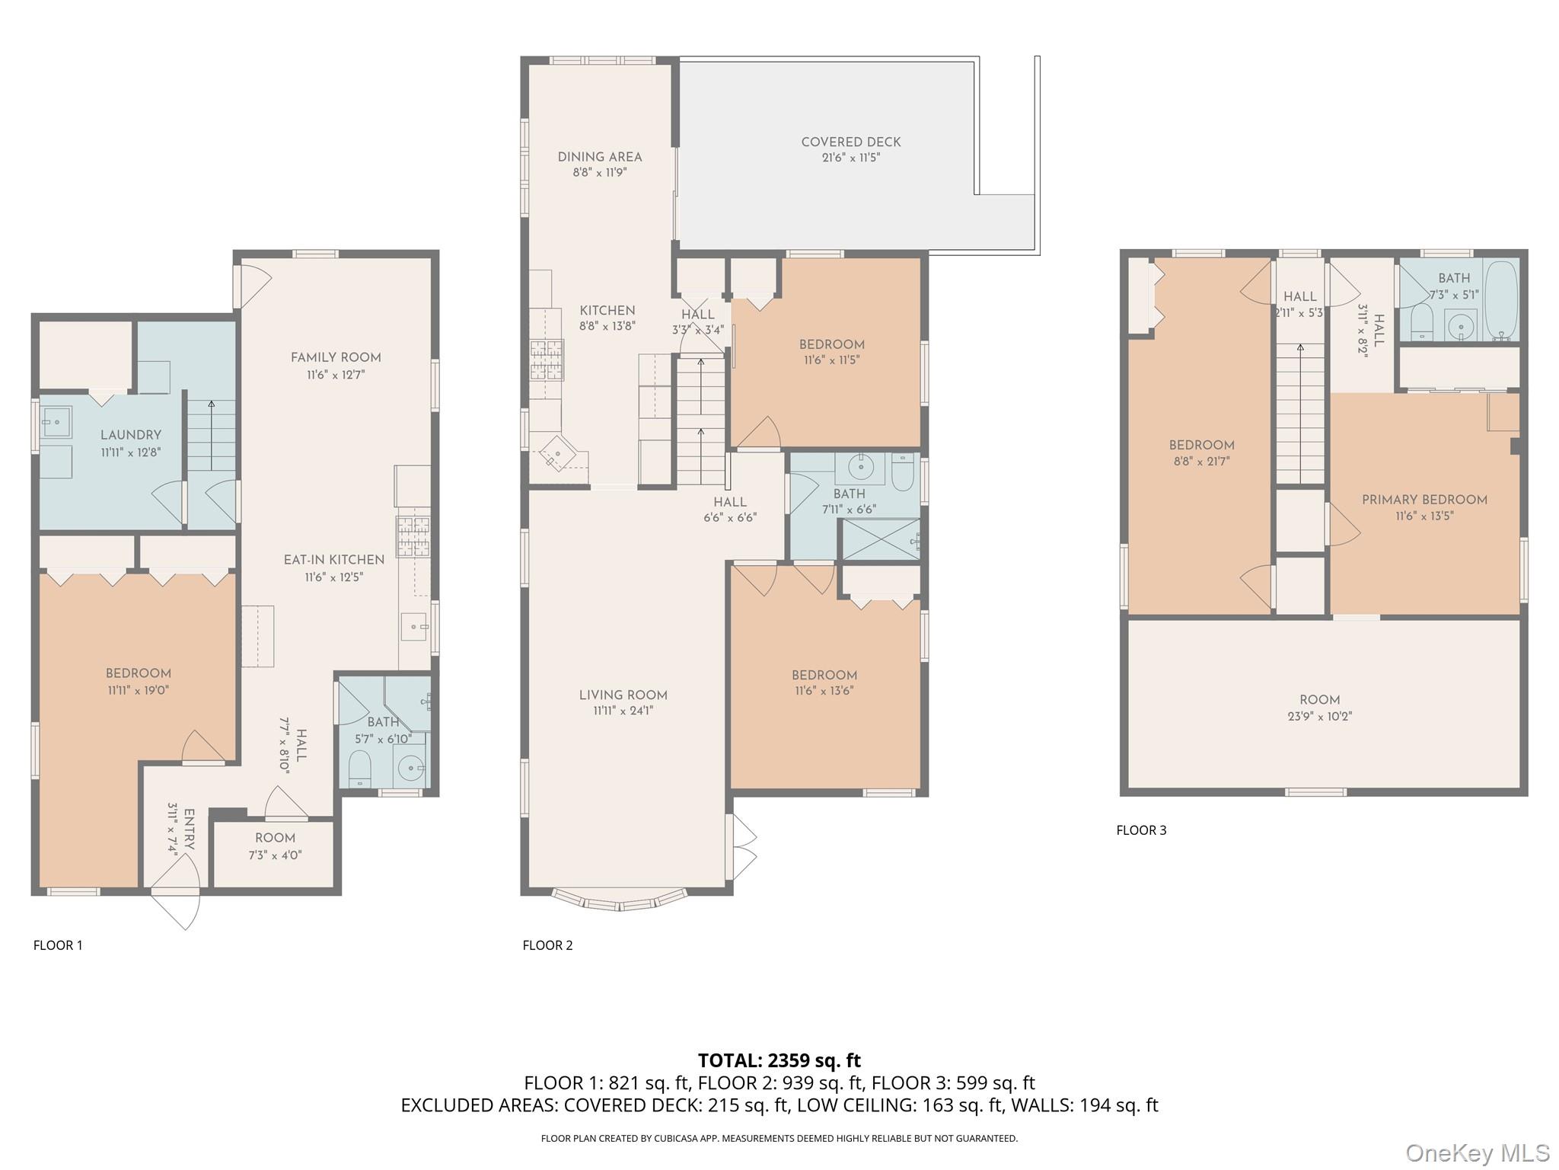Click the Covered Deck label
point(850,142)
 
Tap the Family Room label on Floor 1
point(336,357)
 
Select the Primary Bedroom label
point(1424,500)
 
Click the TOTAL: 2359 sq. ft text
point(779,1060)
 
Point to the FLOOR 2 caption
point(547,945)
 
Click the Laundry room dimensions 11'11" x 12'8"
point(131,452)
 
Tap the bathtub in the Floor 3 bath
point(1500,300)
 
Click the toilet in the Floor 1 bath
point(359,768)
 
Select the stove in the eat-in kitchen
point(412,537)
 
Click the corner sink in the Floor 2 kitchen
point(558,455)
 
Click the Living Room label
point(623,695)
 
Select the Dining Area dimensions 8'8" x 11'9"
point(600,173)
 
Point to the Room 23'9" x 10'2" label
point(1319,708)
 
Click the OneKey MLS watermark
point(1478,1152)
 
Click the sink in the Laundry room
point(56,420)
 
